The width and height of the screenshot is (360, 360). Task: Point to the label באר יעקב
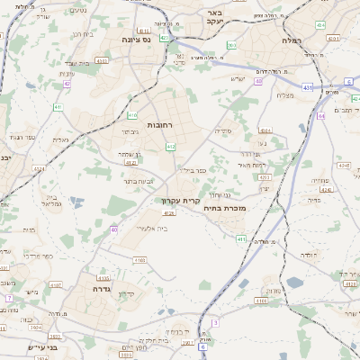(212, 17)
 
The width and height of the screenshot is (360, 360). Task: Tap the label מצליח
(285, 95)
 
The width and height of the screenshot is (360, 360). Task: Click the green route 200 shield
(231, 45)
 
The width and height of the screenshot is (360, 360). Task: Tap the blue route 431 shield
(307, 87)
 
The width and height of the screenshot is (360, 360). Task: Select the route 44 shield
(320, 115)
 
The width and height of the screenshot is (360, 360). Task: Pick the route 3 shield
(215, 321)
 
